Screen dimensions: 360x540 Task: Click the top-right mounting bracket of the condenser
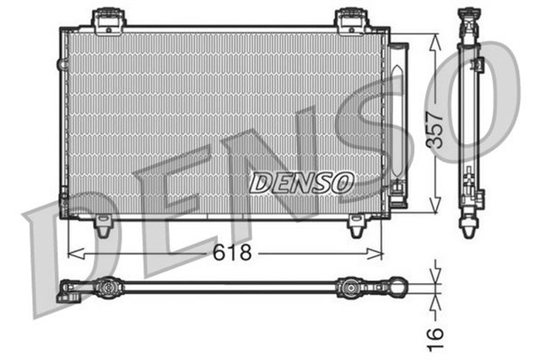(x=348, y=19)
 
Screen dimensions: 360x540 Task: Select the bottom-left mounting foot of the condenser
(x=103, y=225)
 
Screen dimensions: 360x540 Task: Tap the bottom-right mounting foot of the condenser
(x=356, y=225)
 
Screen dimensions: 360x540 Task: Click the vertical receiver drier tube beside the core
(x=397, y=118)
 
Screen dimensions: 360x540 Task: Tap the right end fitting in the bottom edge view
(x=397, y=287)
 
